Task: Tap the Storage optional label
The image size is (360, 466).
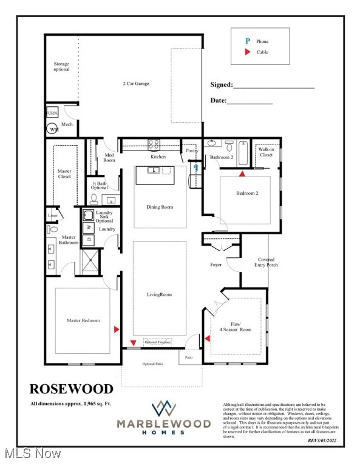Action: [x=61, y=66]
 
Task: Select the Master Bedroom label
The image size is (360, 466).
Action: [x=83, y=320]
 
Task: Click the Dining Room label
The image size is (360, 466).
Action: [x=160, y=207]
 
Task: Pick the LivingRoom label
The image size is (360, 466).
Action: [x=160, y=295]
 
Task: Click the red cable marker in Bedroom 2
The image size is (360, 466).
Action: [x=242, y=174]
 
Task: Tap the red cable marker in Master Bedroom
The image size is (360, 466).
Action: [x=116, y=329]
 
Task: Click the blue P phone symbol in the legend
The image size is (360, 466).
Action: [x=247, y=41]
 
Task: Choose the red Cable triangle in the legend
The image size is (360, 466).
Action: [x=247, y=52]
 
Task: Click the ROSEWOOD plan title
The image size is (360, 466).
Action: [x=72, y=388]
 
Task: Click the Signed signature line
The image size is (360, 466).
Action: [x=274, y=89]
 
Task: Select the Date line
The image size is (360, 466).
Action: [x=250, y=104]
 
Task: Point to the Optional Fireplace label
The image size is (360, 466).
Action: [x=158, y=343]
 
